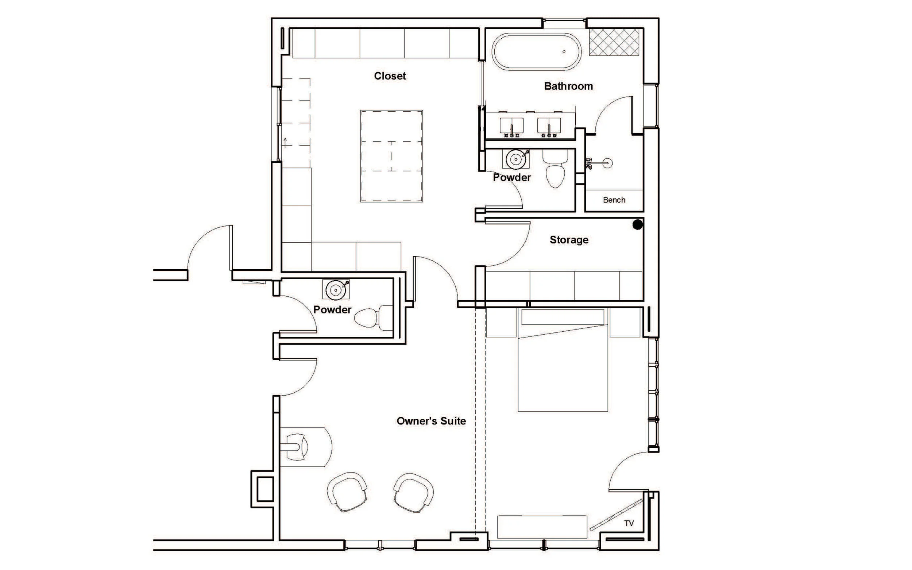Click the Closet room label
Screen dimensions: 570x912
[390, 76]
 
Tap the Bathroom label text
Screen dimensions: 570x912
[568, 86]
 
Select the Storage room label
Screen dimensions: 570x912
[569, 240]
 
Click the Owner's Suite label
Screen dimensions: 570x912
[431, 421]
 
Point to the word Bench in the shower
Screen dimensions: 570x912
[614, 200]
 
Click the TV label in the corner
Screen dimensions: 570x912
[629, 523]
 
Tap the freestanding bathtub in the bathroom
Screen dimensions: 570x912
[537, 52]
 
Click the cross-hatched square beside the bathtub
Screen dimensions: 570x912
[614, 42]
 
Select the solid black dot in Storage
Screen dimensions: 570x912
[637, 225]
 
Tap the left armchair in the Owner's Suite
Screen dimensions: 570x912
[347, 491]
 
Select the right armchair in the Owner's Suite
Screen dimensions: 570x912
[414, 491]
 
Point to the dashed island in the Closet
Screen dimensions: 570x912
[391, 156]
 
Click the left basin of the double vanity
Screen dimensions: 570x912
[511, 125]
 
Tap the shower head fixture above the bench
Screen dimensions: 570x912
[607, 163]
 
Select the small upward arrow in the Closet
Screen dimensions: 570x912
[285, 142]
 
